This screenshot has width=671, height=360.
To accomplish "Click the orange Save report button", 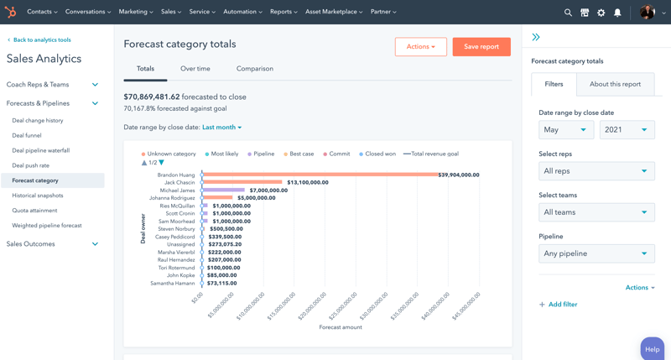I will [x=481, y=47].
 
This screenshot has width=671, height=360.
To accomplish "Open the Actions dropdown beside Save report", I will [x=420, y=47].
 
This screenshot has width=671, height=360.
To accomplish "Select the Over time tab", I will [x=195, y=69].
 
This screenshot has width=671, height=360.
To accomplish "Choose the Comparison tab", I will [x=255, y=69].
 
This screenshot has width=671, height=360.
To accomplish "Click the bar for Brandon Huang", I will [x=320, y=175].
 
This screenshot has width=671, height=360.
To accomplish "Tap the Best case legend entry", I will [x=299, y=154].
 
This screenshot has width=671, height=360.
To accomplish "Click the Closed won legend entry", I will [x=377, y=154].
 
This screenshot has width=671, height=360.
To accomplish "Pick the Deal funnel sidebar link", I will [x=27, y=136].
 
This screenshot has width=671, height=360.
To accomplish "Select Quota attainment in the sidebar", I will [x=34, y=211].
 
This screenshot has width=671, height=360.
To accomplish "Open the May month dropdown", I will [x=566, y=130].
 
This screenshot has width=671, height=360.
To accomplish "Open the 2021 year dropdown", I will [x=627, y=130].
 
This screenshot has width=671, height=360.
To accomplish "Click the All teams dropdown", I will [x=596, y=212].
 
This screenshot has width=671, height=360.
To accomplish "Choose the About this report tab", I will [x=615, y=84].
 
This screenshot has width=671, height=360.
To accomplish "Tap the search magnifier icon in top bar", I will [x=568, y=13].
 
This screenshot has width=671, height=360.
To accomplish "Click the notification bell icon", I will [x=617, y=13].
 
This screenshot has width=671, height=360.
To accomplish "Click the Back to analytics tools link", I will [x=39, y=40].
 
